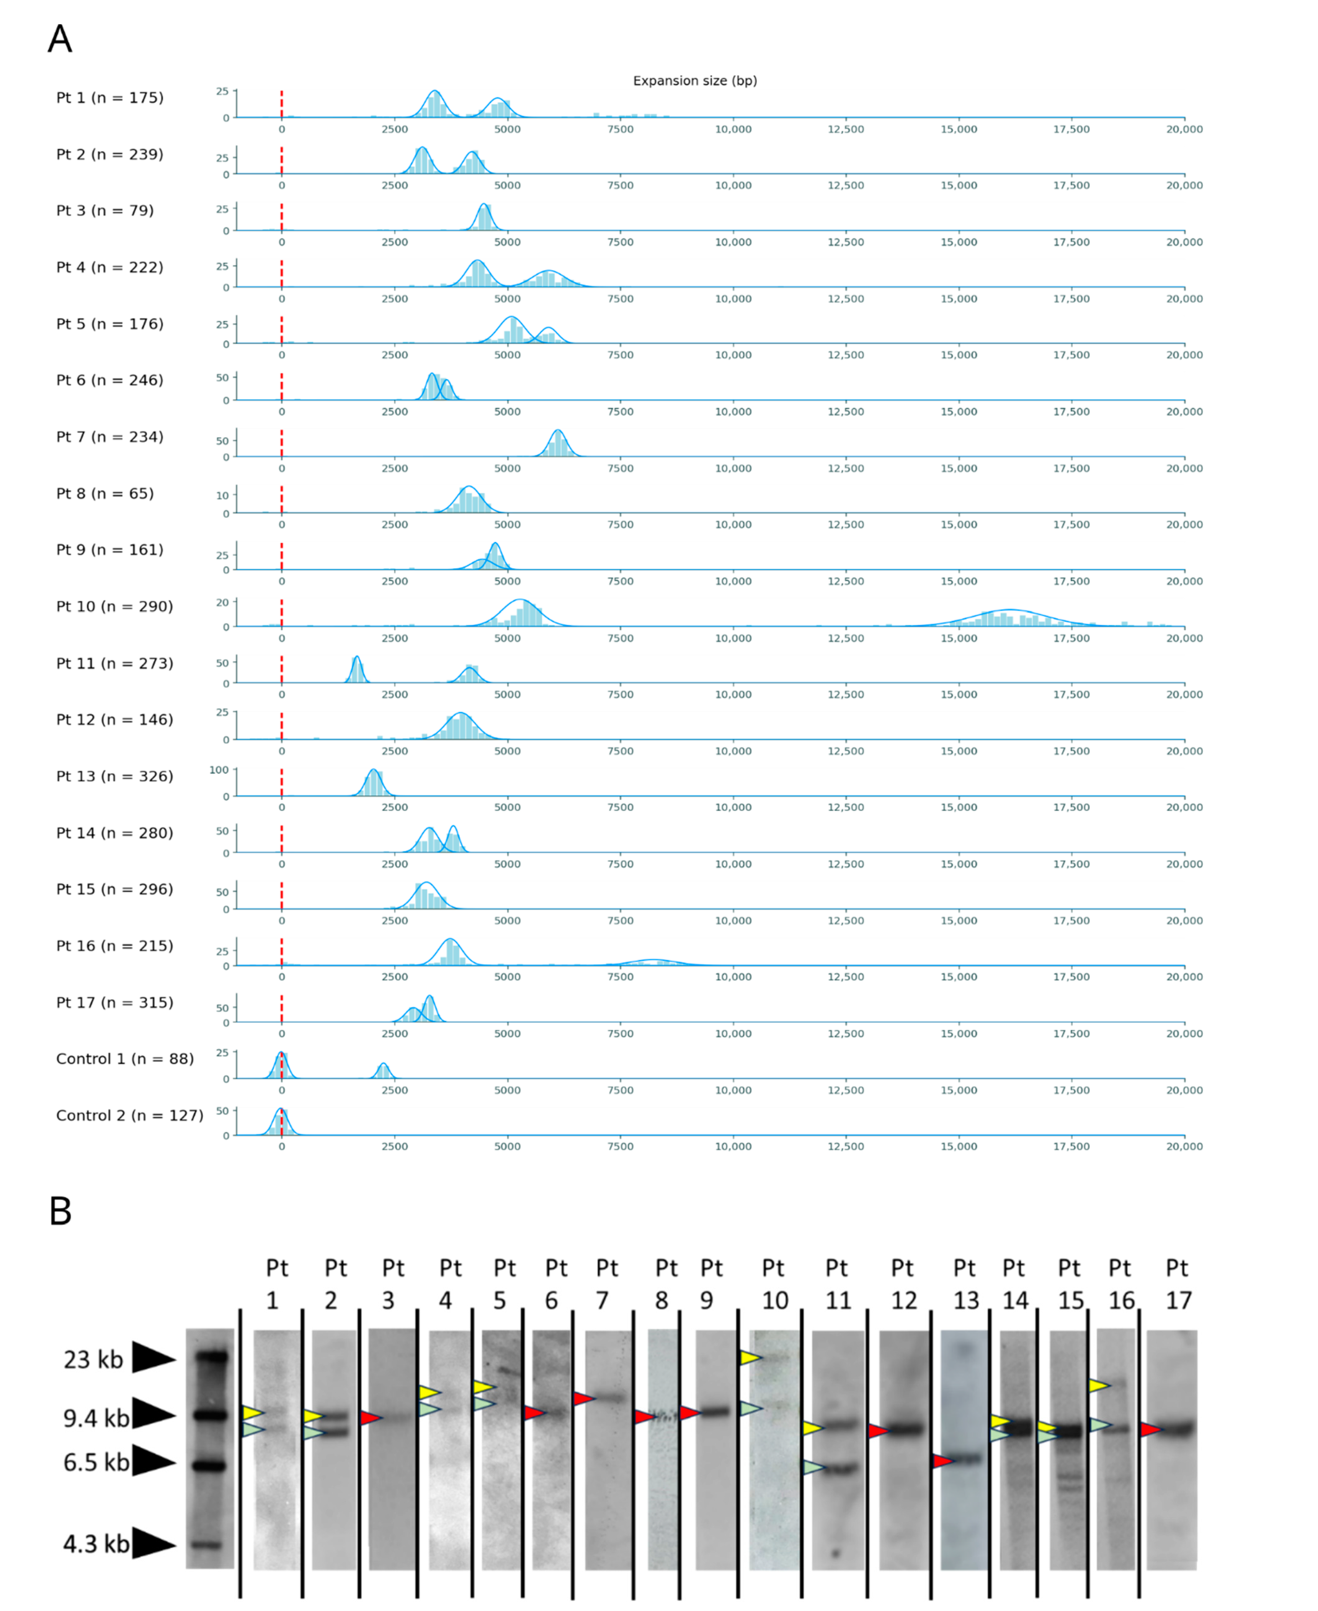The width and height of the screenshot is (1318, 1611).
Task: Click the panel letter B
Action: [60, 1211]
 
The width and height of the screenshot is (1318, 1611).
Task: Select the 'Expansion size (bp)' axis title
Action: [695, 80]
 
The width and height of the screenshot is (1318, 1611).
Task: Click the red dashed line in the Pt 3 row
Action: [282, 216]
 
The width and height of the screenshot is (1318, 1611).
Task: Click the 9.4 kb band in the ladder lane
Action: [210, 1415]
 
